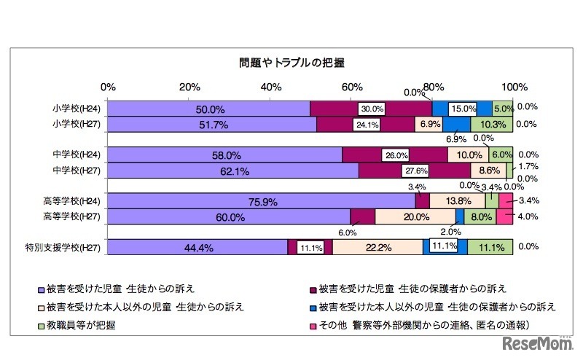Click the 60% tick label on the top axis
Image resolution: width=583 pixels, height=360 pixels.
click(x=353, y=86)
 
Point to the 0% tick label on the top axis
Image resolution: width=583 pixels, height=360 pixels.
click(x=108, y=86)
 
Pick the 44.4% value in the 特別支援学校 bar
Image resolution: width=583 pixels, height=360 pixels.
click(x=198, y=248)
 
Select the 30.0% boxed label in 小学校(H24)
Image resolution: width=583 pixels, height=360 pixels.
click(x=372, y=109)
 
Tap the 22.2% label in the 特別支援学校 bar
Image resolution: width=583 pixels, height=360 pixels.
click(x=377, y=248)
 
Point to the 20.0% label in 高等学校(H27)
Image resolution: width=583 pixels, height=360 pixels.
click(x=416, y=216)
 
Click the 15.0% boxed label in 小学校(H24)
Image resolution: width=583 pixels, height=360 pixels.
click(x=462, y=109)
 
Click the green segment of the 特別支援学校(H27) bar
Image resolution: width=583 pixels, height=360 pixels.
click(x=490, y=248)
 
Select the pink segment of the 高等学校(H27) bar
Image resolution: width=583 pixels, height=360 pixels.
click(x=505, y=216)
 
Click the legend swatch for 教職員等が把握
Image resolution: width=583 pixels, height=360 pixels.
click(x=40, y=323)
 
